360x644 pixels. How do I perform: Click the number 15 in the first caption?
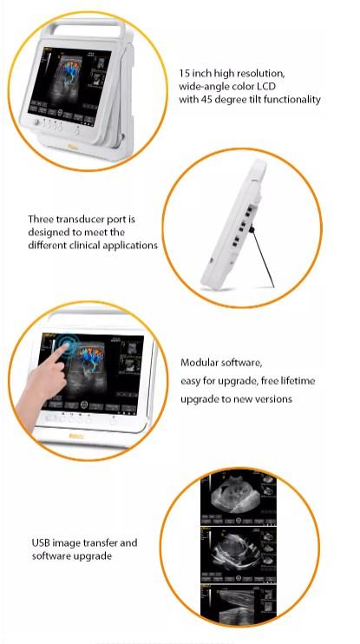[x=184, y=74]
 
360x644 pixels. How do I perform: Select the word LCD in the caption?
[x=266, y=87]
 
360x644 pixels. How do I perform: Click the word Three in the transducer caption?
[x=41, y=220]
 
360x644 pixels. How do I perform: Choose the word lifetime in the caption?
[x=298, y=381]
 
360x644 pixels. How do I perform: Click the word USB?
[x=41, y=543]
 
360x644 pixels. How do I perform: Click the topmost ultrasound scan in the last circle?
[x=239, y=498]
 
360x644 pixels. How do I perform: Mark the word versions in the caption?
[x=275, y=398]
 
